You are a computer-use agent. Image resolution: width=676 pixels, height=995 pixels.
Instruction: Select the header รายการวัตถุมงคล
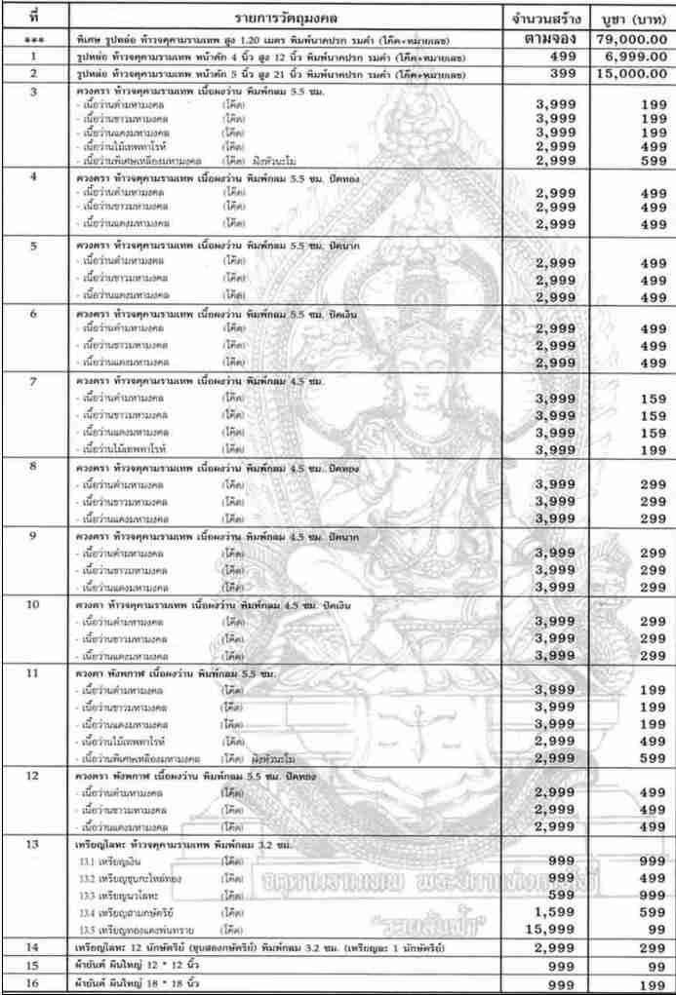pyautogui.click(x=283, y=19)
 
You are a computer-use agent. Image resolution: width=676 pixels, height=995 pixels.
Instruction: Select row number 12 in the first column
pyautogui.click(x=34, y=777)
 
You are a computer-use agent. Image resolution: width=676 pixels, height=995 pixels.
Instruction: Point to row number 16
pyautogui.click(x=34, y=981)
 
